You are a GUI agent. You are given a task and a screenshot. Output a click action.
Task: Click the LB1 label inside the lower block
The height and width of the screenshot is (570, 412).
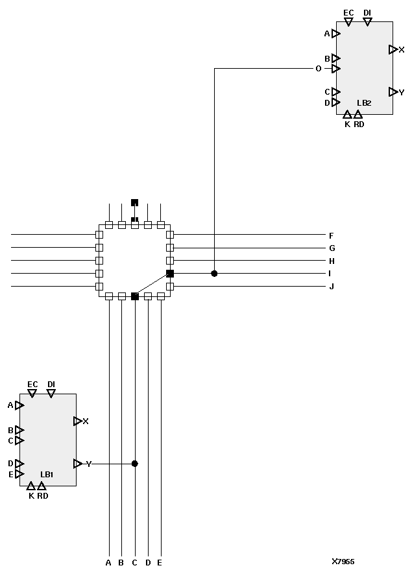[x=47, y=475]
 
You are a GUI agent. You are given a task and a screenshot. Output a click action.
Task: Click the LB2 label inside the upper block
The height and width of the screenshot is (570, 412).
[x=364, y=103]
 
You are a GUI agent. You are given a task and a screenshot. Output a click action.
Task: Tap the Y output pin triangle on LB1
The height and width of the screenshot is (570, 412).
[x=78, y=464]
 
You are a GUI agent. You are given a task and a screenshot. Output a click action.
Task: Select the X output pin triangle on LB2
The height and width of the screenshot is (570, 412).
[x=393, y=49]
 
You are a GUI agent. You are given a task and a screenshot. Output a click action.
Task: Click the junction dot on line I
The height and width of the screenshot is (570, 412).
[x=214, y=274]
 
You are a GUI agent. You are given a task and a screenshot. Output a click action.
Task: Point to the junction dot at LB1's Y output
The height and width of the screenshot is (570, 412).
[x=135, y=464]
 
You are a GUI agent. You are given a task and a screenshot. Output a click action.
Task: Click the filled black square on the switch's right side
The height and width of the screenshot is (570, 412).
[x=170, y=274]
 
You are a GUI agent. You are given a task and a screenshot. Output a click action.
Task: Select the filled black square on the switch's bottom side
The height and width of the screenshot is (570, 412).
[x=135, y=296]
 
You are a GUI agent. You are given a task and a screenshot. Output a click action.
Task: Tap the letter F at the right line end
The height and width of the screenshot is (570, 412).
[x=332, y=235]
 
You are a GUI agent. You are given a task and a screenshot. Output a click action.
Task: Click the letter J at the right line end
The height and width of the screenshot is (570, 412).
[x=332, y=287]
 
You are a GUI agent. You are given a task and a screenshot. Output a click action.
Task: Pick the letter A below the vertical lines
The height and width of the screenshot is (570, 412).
[x=108, y=562]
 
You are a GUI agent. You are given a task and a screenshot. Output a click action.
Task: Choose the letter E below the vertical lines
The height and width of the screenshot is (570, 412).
[x=160, y=562]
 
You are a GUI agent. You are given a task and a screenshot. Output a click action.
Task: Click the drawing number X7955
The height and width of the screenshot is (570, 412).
[x=343, y=562]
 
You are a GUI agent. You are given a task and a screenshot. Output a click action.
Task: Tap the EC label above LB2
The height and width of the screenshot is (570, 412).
[x=348, y=12]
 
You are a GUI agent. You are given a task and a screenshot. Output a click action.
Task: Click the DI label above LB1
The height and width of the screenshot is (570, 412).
[x=51, y=385]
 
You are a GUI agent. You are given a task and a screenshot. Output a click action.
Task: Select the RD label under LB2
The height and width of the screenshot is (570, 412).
[x=359, y=124]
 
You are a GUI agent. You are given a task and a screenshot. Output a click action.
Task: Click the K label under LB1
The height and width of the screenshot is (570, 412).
[x=31, y=496]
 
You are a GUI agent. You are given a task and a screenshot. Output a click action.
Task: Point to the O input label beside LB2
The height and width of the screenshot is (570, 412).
[x=318, y=69]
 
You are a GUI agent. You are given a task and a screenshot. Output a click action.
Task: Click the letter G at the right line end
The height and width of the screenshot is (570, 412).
[x=332, y=248]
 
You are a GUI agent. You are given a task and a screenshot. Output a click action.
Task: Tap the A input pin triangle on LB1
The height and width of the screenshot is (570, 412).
[x=19, y=405]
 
